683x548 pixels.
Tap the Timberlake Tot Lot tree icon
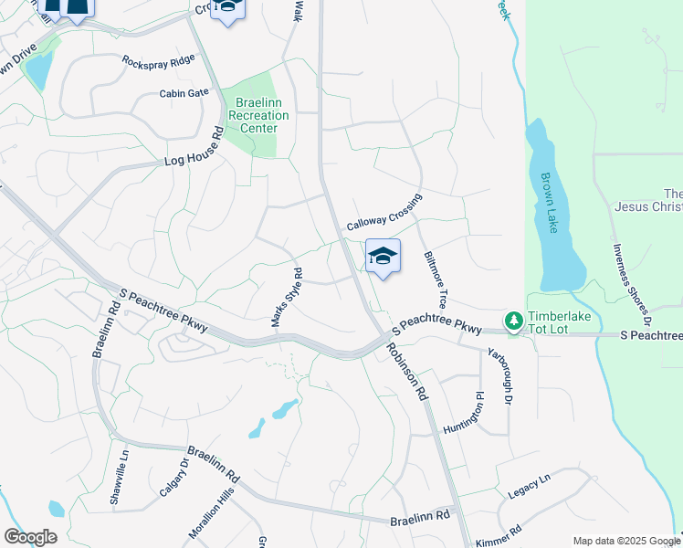click(514, 320)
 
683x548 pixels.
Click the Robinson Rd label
click(406, 372)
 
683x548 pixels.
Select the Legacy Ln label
click(531, 486)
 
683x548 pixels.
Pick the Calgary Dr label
click(173, 477)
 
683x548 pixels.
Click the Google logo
click(30, 537)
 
